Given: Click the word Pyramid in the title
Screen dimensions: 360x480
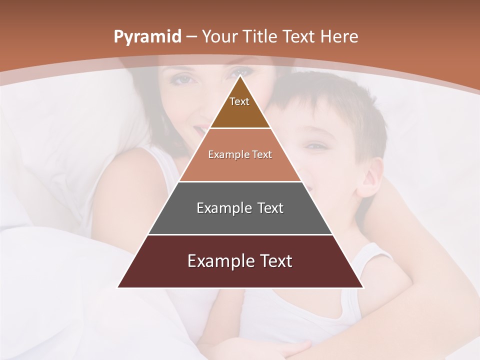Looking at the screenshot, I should click(x=147, y=37).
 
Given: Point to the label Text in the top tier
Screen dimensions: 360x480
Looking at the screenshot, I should click(x=239, y=101).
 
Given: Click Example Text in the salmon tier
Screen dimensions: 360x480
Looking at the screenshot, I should click(x=240, y=154).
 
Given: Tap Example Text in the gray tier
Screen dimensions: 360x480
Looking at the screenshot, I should click(x=240, y=208).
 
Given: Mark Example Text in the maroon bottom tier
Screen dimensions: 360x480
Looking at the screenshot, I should click(x=240, y=261).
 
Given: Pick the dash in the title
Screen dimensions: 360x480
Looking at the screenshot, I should click(x=191, y=37).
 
